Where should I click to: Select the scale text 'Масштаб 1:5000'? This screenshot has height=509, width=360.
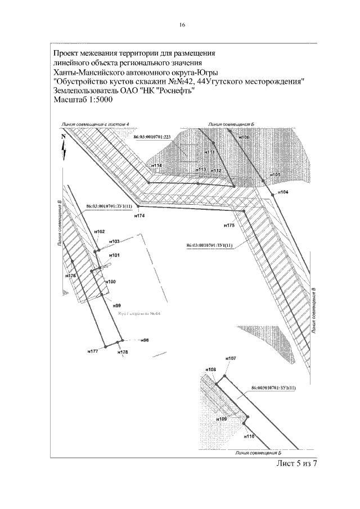(x=83, y=100)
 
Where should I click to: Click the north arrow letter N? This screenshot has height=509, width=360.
(x=64, y=136)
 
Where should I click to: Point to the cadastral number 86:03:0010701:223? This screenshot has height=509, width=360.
(x=152, y=137)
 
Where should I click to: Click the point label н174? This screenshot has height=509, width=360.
(x=139, y=215)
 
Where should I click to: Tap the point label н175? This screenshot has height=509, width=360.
(x=229, y=225)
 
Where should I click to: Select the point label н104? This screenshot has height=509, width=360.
(x=283, y=192)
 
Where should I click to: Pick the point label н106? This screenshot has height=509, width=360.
(x=244, y=137)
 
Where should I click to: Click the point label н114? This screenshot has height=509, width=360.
(x=156, y=165)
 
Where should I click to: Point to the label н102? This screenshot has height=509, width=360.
(x=100, y=232)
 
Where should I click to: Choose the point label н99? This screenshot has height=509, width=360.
(x=117, y=305)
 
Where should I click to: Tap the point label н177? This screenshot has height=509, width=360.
(x=93, y=350)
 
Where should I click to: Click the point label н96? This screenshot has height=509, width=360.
(x=145, y=341)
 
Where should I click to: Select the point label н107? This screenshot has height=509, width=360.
(x=230, y=358)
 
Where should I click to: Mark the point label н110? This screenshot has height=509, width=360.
(x=250, y=436)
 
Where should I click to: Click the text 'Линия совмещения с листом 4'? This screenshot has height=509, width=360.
(x=96, y=123)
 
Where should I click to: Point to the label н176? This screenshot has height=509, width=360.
(x=71, y=276)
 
